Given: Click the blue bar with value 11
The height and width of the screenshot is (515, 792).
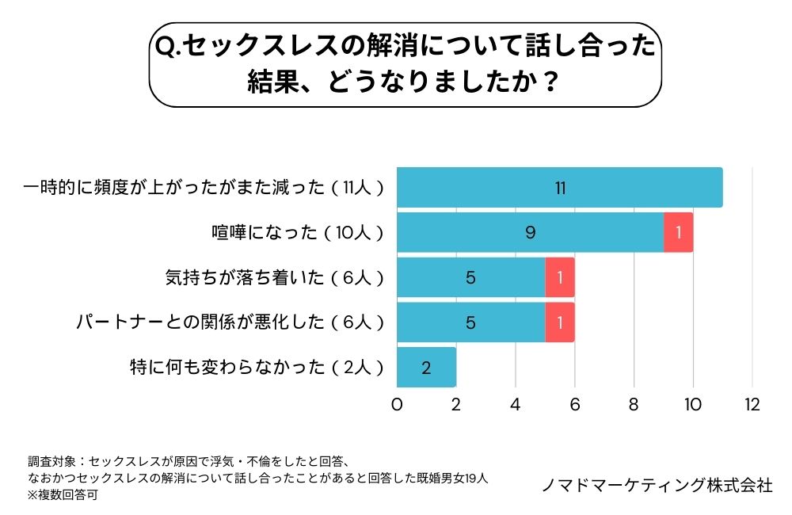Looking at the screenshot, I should (x=559, y=188).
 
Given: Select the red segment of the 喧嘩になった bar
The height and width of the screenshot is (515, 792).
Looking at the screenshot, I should (x=679, y=233).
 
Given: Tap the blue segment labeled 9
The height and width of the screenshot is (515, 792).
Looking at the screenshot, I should (x=530, y=233).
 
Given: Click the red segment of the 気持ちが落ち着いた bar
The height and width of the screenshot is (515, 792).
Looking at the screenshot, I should (x=560, y=277).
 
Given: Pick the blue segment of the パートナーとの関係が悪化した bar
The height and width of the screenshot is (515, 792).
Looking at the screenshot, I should (x=470, y=322).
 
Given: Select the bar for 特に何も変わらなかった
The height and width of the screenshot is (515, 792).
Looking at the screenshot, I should (x=426, y=368).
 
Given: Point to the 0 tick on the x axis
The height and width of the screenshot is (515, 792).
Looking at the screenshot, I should (x=397, y=404).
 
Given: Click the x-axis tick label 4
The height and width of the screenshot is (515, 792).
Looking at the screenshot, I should (x=516, y=404).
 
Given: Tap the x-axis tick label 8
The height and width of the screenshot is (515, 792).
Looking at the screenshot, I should (x=634, y=404).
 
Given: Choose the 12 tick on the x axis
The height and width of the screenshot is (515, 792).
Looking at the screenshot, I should (x=752, y=404).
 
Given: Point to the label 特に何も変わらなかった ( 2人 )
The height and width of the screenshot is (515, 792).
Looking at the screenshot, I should (x=257, y=368).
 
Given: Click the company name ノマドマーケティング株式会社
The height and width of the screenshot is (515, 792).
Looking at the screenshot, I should (x=657, y=485).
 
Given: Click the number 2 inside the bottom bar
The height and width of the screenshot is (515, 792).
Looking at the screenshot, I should (x=426, y=368).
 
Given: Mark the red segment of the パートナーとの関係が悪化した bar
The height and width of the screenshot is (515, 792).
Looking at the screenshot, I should (x=560, y=322).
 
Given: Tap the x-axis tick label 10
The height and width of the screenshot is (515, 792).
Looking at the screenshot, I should (x=693, y=404).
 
